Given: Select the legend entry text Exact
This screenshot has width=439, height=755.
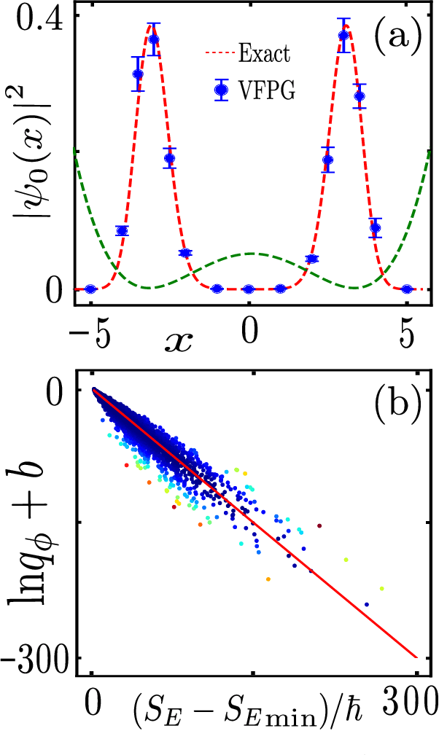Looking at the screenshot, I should [265, 53].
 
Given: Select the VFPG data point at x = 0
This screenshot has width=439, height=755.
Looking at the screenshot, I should [249, 289].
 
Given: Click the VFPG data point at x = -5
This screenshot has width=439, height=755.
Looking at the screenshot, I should [90, 289].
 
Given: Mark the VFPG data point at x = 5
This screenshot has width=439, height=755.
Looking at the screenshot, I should [407, 289].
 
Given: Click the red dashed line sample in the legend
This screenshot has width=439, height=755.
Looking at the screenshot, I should [222, 53].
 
